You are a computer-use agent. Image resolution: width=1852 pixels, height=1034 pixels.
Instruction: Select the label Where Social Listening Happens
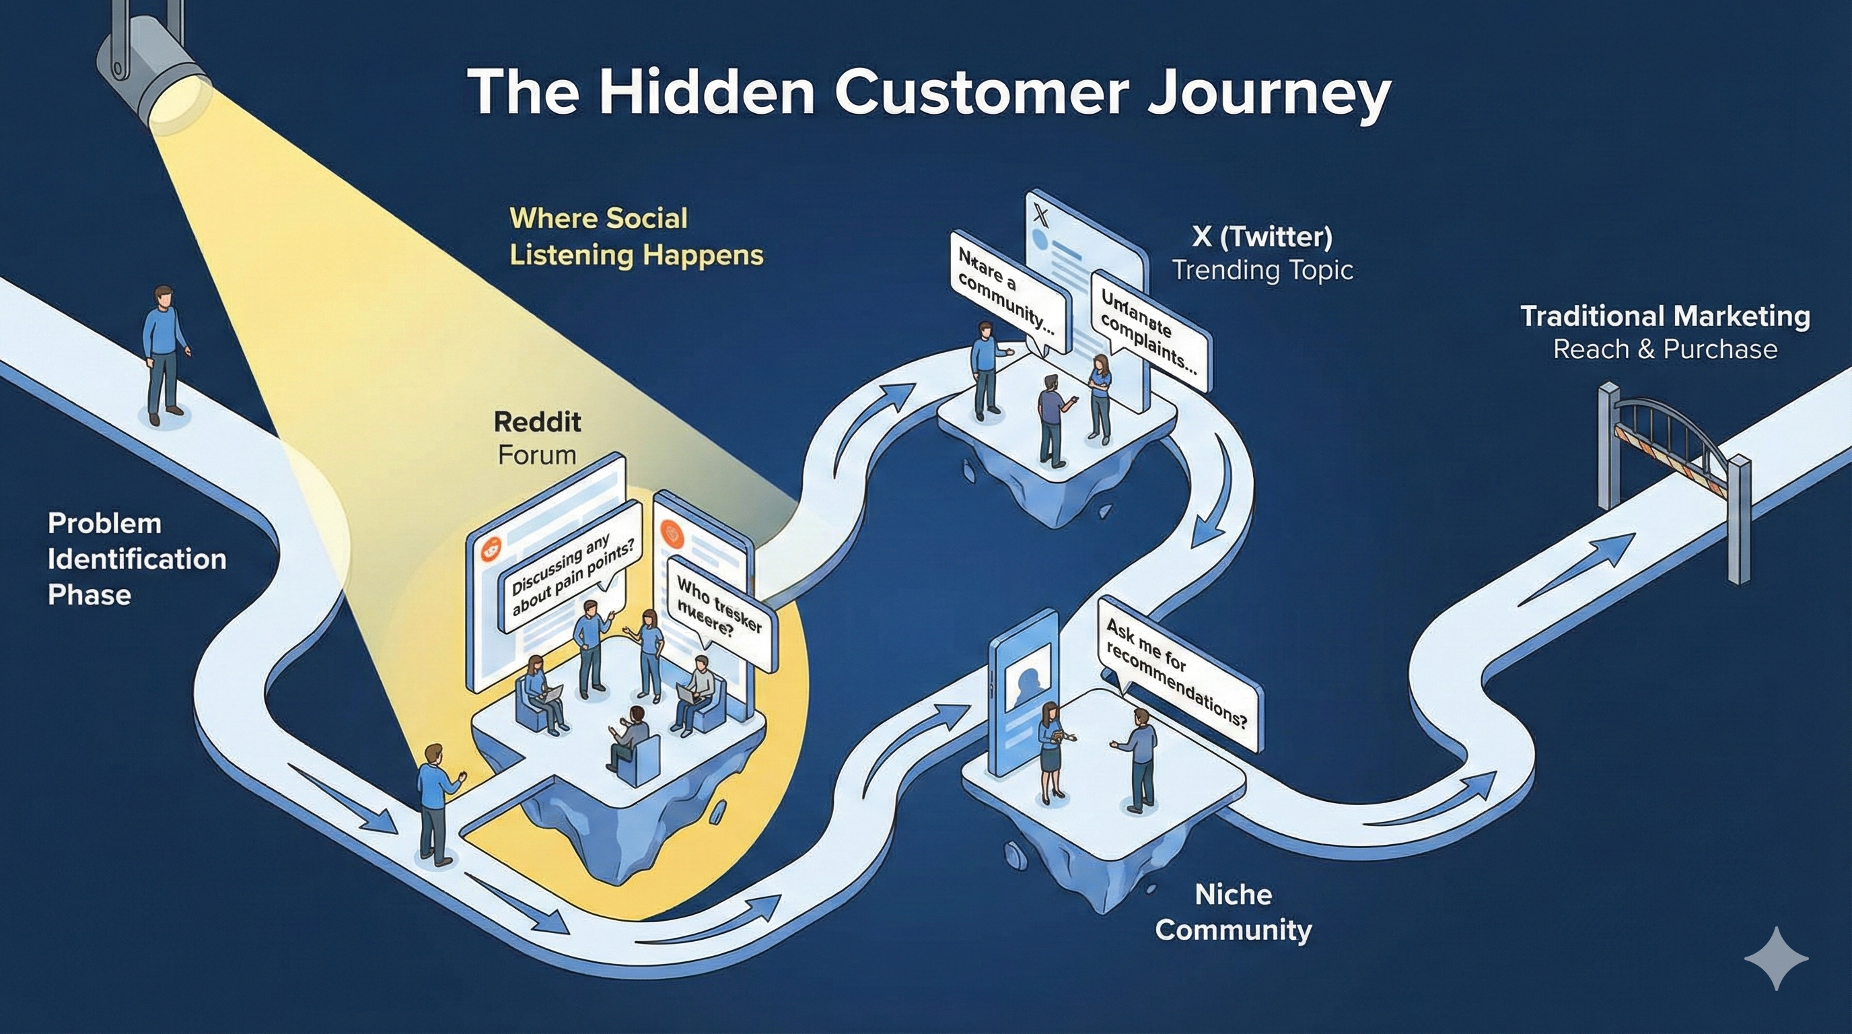[635, 236]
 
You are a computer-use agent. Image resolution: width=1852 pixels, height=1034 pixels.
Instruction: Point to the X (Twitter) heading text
[1262, 236]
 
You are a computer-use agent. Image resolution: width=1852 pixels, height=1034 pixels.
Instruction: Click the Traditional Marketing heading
[1665, 316]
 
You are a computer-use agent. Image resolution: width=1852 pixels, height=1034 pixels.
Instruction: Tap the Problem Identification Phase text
[137, 559]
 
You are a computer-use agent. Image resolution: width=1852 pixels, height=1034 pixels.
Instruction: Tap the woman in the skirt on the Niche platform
[1050, 751]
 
